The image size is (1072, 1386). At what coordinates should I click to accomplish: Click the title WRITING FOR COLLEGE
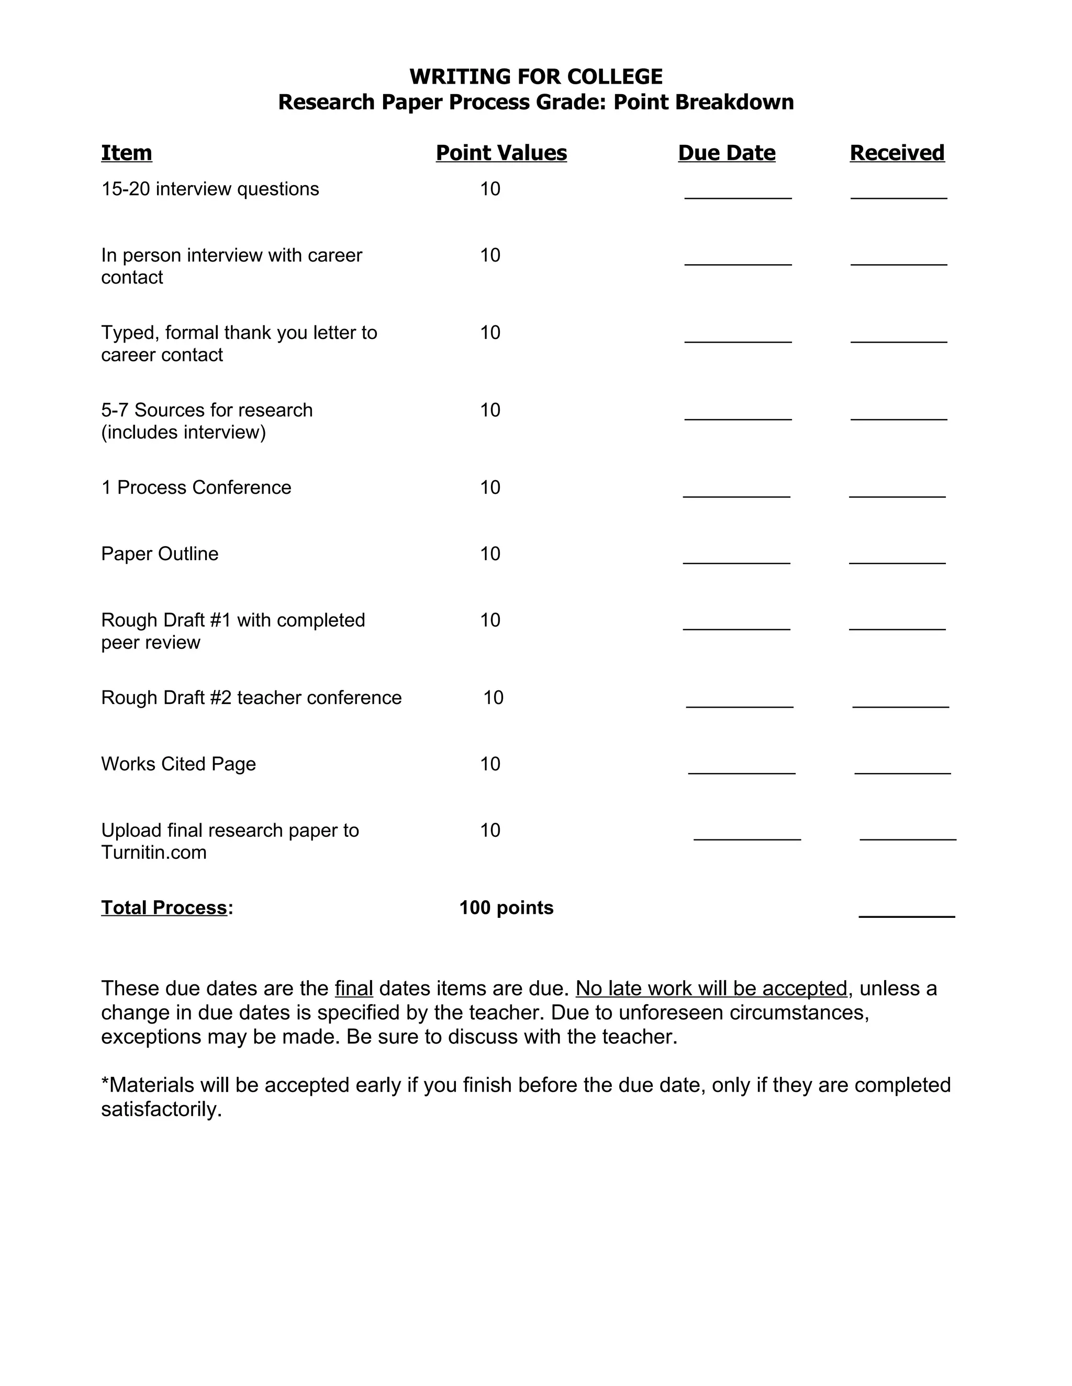pyautogui.click(x=535, y=77)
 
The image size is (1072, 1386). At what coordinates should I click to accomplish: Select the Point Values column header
pyautogui.click(x=501, y=153)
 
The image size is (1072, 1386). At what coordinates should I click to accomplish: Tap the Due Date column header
pyautogui.click(x=727, y=153)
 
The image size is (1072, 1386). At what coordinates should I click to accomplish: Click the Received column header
pyautogui.click(x=897, y=153)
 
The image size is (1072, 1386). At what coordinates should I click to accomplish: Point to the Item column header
pyautogui.click(x=126, y=153)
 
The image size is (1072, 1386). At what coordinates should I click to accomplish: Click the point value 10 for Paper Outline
pyautogui.click(x=489, y=554)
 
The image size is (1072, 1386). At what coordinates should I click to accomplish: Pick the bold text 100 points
pyautogui.click(x=506, y=908)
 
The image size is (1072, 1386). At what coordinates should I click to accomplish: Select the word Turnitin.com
pyautogui.click(x=154, y=853)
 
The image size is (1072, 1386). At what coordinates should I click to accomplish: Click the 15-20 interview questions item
pyautogui.click(x=209, y=189)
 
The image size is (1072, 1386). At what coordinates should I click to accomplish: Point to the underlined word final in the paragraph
pyautogui.click(x=354, y=989)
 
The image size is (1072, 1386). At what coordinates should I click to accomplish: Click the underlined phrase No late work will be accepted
pyautogui.click(x=711, y=989)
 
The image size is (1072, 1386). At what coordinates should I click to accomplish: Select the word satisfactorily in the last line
pyautogui.click(x=161, y=1109)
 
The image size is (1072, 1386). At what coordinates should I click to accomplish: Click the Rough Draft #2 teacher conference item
pyautogui.click(x=251, y=698)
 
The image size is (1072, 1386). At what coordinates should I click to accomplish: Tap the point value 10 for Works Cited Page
pyautogui.click(x=489, y=764)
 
